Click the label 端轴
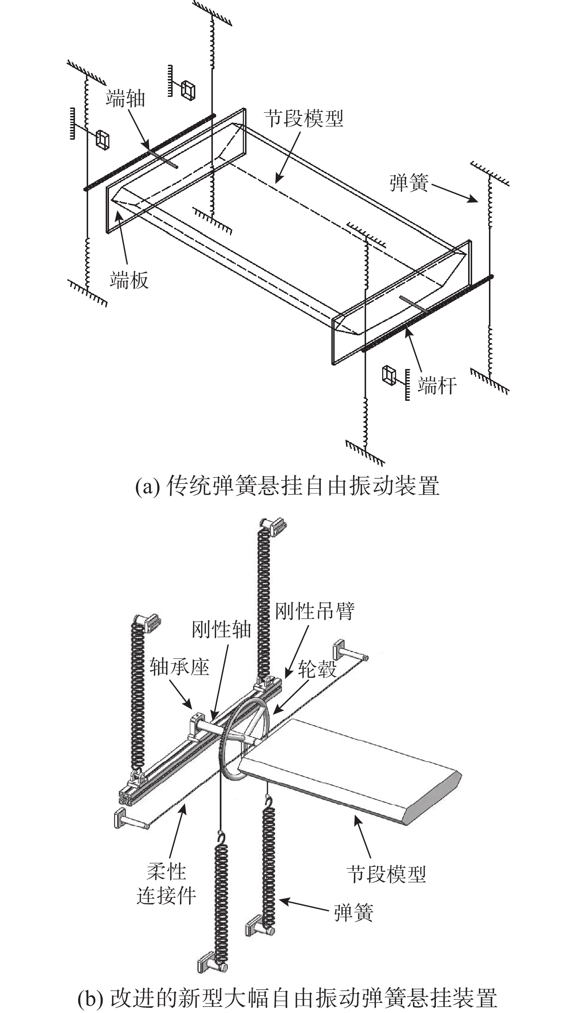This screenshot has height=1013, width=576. pos(125,99)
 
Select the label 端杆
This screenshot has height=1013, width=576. pos(437,385)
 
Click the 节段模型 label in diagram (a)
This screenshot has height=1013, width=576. pos(304,118)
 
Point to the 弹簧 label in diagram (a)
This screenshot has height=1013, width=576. pos(409,183)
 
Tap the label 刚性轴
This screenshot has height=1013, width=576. pos(221,629)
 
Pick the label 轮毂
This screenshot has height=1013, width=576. pos(317,669)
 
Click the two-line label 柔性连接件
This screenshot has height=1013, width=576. pos(166,883)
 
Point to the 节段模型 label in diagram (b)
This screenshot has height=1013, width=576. pos(386,874)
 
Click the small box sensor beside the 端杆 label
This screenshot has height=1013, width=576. pos(389,374)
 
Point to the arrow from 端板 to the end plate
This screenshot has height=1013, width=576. pos(123,237)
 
